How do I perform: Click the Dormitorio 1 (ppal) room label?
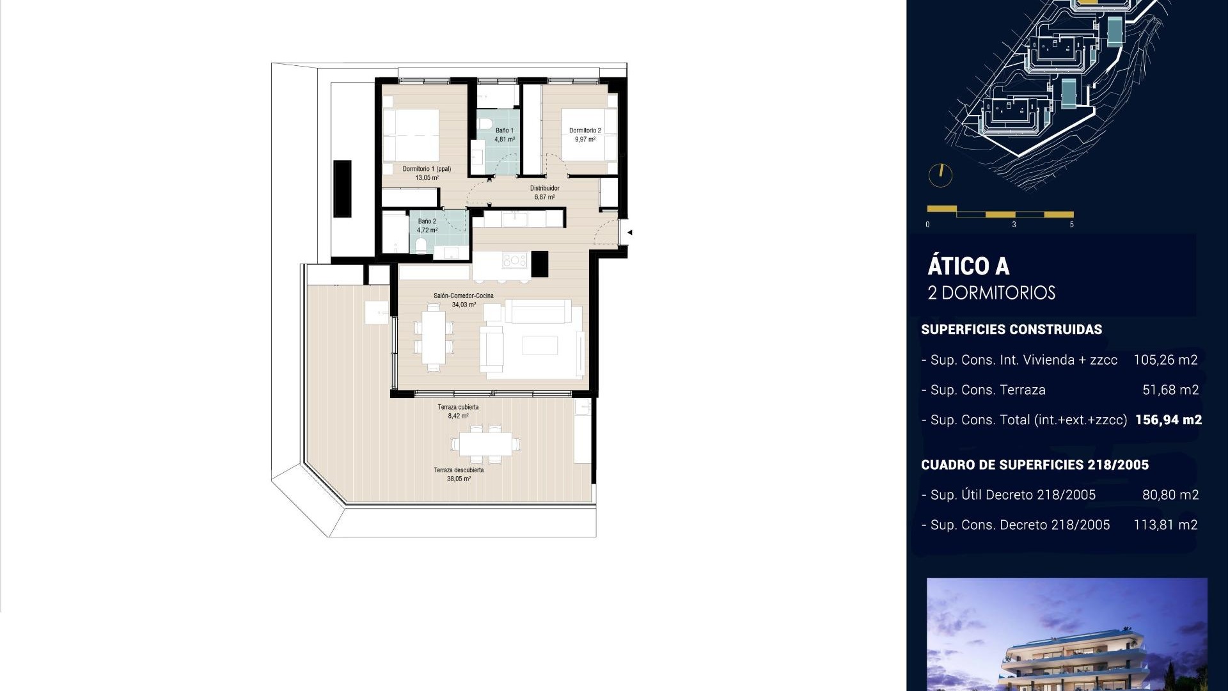[427, 170]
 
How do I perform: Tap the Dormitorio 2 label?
[585, 131]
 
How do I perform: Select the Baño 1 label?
[504, 131]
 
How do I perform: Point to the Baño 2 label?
[427, 221]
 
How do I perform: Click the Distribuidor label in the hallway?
[544, 188]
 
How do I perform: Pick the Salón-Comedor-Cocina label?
[463, 296]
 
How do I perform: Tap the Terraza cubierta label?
[458, 407]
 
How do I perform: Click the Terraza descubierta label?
[459, 470]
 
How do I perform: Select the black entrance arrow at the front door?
[629, 232]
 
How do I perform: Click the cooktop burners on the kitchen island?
[514, 260]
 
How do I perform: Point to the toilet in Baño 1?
[484, 123]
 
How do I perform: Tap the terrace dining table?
[485, 443]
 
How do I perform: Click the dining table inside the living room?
[434, 337]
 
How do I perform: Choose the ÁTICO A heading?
[968, 266]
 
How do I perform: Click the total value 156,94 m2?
[1168, 420]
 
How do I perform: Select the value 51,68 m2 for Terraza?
[1170, 390]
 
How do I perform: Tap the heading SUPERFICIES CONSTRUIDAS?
[1011, 330]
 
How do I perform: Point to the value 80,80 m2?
[1170, 495]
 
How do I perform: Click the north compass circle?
[940, 175]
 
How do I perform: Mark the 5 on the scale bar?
[1072, 225]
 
